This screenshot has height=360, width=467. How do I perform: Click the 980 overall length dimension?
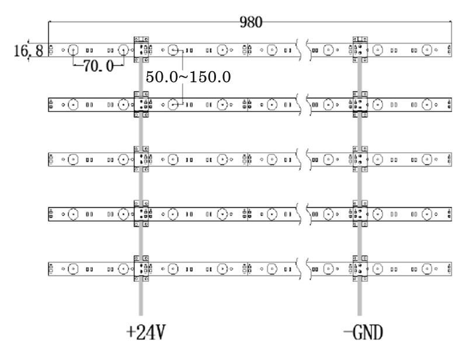tap(251, 22)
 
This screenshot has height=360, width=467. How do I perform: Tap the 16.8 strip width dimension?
tap(29, 51)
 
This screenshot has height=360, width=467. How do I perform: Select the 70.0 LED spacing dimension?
tap(98, 66)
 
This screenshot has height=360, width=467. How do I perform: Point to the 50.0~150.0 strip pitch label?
tap(188, 77)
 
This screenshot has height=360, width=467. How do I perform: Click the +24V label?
tap(145, 333)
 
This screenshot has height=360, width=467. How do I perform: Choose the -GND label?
tap(363, 333)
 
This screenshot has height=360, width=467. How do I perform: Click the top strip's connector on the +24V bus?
tap(141, 50)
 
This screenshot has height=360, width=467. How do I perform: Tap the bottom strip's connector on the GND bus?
tap(360, 268)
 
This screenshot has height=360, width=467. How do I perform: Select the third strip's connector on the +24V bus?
tap(141, 159)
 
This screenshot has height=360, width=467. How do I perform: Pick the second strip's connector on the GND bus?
tap(360, 104)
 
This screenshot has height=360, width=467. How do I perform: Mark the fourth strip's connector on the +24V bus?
tap(141, 214)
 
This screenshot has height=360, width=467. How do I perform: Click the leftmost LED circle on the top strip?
tap(73, 50)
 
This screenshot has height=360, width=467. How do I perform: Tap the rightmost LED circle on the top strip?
tap(427, 50)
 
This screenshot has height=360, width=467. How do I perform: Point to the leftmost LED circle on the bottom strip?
tap(73, 269)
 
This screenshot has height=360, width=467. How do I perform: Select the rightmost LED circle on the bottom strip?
tap(427, 269)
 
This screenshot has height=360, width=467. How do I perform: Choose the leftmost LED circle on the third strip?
tap(73, 159)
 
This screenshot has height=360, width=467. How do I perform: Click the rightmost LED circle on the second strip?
tap(427, 104)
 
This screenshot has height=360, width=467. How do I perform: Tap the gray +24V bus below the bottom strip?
tap(141, 298)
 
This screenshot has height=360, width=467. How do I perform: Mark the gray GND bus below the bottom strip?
tap(360, 298)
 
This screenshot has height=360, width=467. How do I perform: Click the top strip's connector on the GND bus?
tap(360, 50)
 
